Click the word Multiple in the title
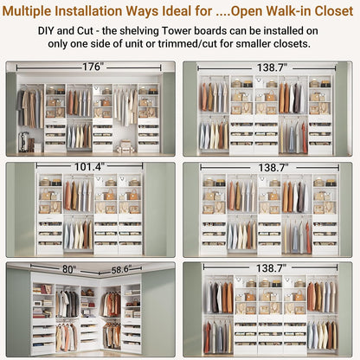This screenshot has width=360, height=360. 38,11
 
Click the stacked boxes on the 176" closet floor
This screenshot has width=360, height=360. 125,146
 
